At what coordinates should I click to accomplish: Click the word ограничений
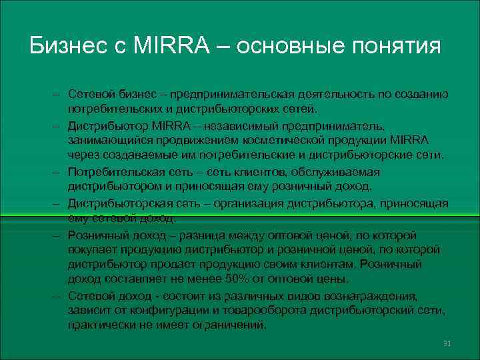click(229, 325)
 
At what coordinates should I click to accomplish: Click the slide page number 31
click(447, 343)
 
